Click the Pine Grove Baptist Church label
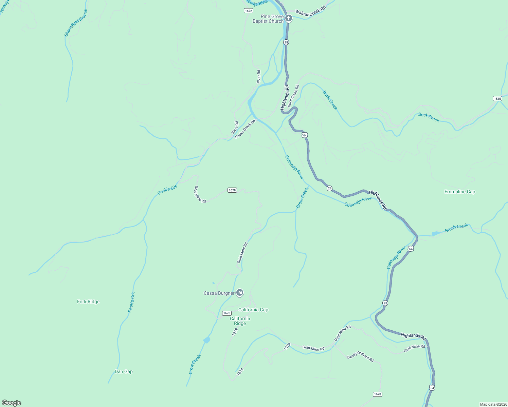[x=268, y=19]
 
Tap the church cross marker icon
[x=289, y=18]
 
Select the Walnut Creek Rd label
[x=310, y=11]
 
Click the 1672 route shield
[x=249, y=11]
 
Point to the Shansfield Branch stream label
[x=76, y=23]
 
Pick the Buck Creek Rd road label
[x=293, y=96]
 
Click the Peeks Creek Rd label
[x=245, y=129]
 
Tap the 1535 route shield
[x=497, y=98]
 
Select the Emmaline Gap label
[x=460, y=192]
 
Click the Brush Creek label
[x=456, y=228]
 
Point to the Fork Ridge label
[x=88, y=302]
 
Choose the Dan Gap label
[x=124, y=371]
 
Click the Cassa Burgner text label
[x=219, y=293]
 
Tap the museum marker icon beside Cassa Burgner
[x=240, y=292]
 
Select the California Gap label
[x=253, y=310]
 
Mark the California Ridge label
[x=240, y=321]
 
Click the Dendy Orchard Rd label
[x=360, y=356]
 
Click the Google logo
[x=12, y=403]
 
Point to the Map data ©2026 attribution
[x=493, y=404]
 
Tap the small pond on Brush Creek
[x=436, y=233]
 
